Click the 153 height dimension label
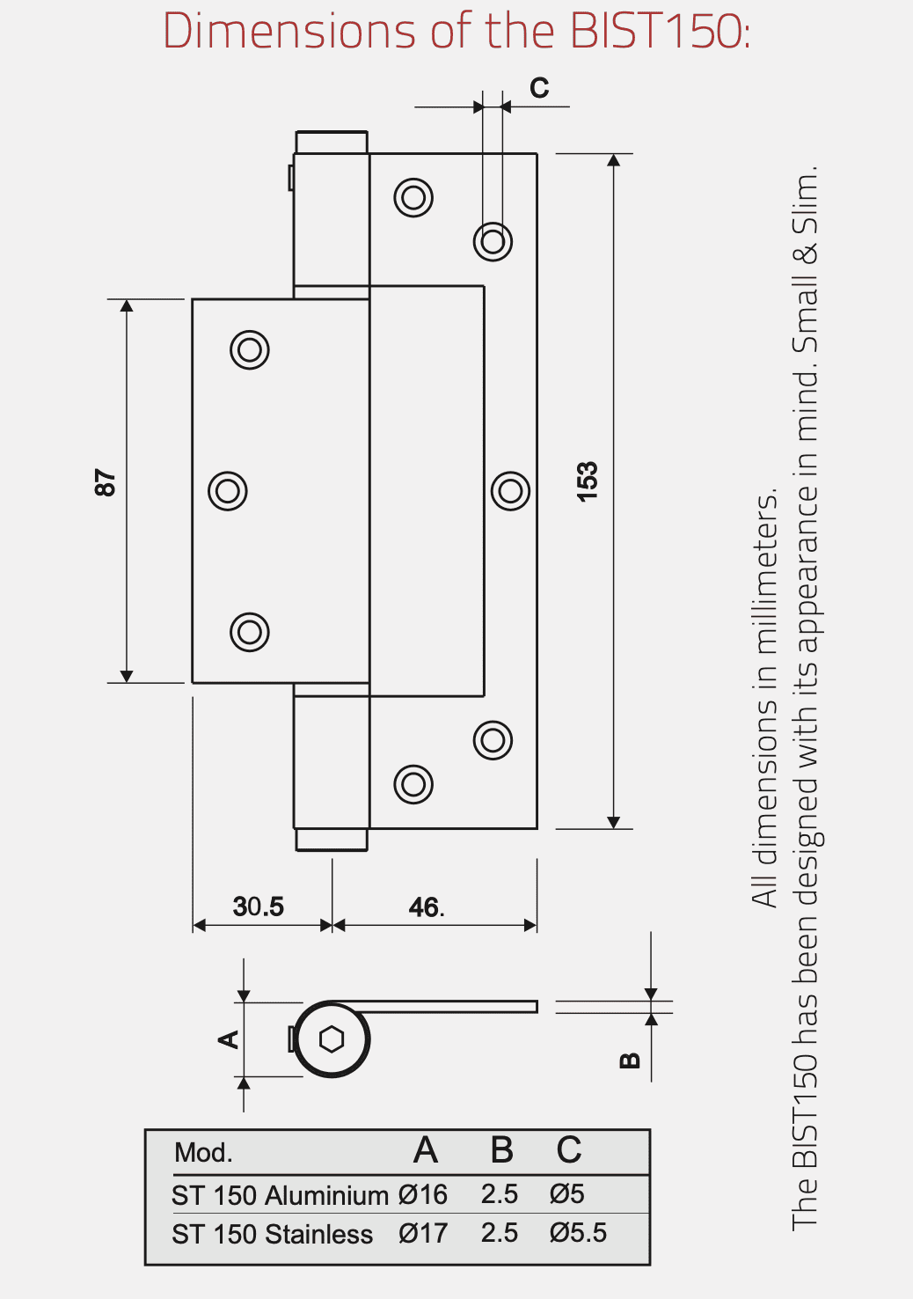coord(587,482)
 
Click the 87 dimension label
coord(105,482)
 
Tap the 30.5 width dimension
coord(258,906)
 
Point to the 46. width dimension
coord(427,907)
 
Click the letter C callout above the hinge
coord(539,88)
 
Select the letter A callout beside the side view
coord(228,1039)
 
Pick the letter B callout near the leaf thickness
coord(630,1060)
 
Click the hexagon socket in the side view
coord(332,1039)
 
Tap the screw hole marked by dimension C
coord(493,242)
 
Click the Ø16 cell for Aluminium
coord(422,1194)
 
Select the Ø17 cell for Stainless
coord(422,1234)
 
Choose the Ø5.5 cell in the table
coord(578,1233)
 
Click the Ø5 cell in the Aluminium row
coord(567,1194)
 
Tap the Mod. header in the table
coord(203,1153)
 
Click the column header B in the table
coord(502,1150)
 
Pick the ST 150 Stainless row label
coord(272,1234)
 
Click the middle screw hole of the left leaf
coord(228,491)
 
